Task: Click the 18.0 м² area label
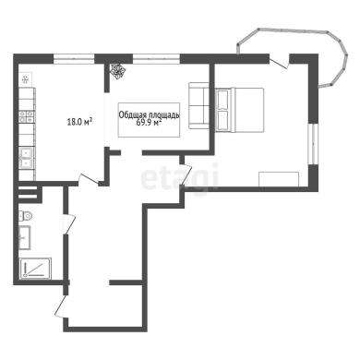[x=80, y=122]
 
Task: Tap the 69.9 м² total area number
[x=149, y=123]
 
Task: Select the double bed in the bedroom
[x=239, y=110]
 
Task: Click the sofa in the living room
[x=198, y=105]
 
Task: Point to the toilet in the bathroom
[x=25, y=216]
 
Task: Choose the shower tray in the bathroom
[x=35, y=269]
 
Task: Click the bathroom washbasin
[x=25, y=237]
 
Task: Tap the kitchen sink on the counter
[x=27, y=157]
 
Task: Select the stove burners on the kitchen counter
[x=27, y=116]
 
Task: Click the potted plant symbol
[x=118, y=71]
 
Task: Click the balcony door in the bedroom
[x=279, y=62]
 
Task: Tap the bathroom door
[x=69, y=223]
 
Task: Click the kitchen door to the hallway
[x=89, y=179]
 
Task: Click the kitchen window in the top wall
[x=74, y=59]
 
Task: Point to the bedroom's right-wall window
[x=313, y=144]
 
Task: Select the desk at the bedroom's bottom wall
[x=279, y=179]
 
